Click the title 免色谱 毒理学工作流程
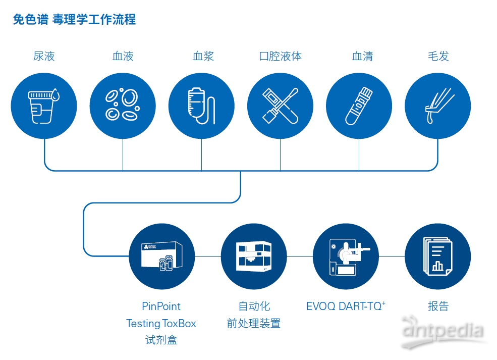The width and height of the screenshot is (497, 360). click(x=74, y=19)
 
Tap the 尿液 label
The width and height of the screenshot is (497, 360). click(x=44, y=56)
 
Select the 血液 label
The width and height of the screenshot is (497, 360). click(x=123, y=56)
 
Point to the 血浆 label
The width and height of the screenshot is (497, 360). click(x=203, y=56)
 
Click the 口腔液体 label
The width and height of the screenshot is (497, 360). click(x=281, y=56)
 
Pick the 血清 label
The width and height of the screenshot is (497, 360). click(x=362, y=56)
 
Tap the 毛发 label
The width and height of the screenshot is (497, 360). click(x=438, y=56)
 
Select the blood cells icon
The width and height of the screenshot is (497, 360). click(x=123, y=105)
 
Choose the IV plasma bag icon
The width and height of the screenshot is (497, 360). click(x=202, y=106)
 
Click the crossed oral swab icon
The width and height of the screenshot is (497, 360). click(x=280, y=106)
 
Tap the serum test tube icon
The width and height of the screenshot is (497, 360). click(x=359, y=106)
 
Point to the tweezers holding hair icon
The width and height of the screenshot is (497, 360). click(x=439, y=106)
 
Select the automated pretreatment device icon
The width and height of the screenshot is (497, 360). click(x=254, y=256)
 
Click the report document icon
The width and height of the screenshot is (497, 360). click(x=438, y=256)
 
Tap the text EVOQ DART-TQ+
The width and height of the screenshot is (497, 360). click(x=346, y=306)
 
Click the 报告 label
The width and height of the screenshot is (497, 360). click(x=438, y=306)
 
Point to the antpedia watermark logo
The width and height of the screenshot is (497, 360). click(x=443, y=331)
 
